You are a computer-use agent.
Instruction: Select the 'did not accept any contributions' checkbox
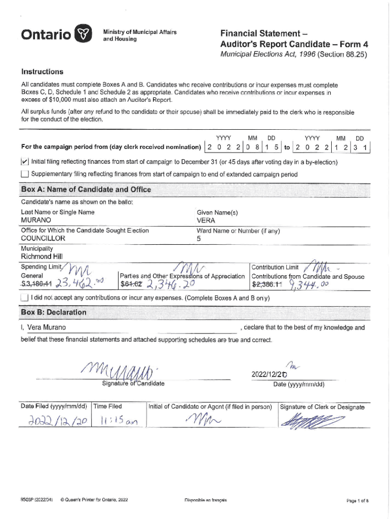(x=24, y=298)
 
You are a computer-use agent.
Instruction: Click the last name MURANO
(x=36, y=220)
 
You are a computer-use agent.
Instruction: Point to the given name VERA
(x=206, y=220)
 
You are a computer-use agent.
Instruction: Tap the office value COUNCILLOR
(x=43, y=238)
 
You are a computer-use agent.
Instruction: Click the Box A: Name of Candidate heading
(x=86, y=190)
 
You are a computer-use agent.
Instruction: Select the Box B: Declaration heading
(x=54, y=312)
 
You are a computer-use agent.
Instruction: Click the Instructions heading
(x=42, y=71)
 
